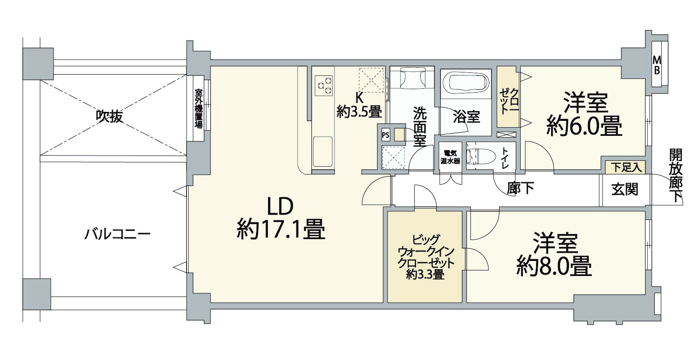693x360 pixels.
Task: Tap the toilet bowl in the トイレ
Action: (x=481, y=156)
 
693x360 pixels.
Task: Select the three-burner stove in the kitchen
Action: (x=324, y=85)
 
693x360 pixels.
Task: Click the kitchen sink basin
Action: (x=322, y=152)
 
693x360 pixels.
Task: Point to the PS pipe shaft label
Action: (x=386, y=135)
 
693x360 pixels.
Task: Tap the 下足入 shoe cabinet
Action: (x=625, y=168)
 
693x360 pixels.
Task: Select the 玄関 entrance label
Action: (x=625, y=189)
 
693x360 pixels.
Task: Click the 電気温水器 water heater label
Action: (x=450, y=157)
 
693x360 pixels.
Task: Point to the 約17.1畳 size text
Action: (x=281, y=229)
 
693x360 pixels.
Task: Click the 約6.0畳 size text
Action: (x=585, y=126)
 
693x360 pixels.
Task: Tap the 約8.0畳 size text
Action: (x=554, y=265)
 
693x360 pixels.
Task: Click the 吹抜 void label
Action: (x=109, y=117)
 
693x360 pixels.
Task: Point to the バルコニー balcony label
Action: (x=118, y=234)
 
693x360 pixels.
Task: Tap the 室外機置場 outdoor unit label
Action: (x=198, y=109)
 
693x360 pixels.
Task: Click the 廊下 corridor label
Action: (x=521, y=188)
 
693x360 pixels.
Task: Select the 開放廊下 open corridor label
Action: (x=676, y=175)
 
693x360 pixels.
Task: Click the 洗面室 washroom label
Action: (x=420, y=126)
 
